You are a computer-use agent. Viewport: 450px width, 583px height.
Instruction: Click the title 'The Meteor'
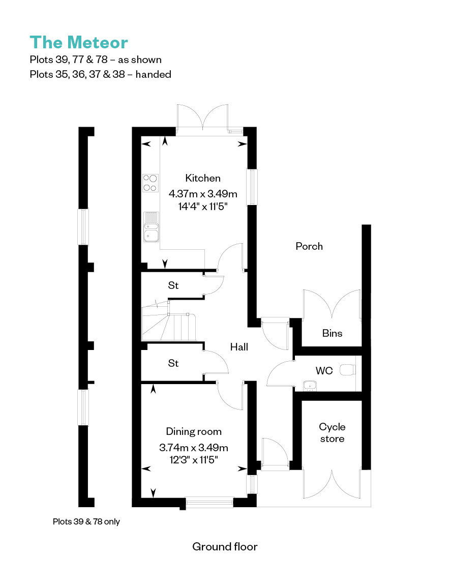pyautogui.click(x=79, y=42)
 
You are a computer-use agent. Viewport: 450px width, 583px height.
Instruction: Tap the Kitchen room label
pyautogui.click(x=203, y=178)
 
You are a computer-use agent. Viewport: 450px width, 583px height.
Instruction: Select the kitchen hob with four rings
pyautogui.click(x=151, y=183)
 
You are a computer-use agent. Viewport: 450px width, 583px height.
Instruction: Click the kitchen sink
pyautogui.click(x=151, y=227)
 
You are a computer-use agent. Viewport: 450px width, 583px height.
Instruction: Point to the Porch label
pyautogui.click(x=309, y=246)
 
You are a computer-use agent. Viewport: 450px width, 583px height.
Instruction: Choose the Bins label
pyautogui.click(x=332, y=333)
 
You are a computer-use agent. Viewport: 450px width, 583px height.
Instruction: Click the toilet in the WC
pyautogui.click(x=348, y=369)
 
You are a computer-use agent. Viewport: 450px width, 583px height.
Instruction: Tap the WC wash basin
pyautogui.click(x=310, y=386)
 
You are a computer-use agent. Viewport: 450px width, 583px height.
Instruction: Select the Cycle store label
pyautogui.click(x=332, y=433)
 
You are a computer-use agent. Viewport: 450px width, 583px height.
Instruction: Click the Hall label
pyautogui.click(x=239, y=347)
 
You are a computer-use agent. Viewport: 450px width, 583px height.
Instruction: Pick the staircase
pyautogui.click(x=169, y=320)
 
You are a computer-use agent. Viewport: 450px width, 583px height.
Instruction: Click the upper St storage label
pyautogui.click(x=173, y=285)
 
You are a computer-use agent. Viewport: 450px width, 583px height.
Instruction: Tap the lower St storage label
pyautogui.click(x=173, y=363)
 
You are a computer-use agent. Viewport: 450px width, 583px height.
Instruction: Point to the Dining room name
pyautogui.click(x=194, y=431)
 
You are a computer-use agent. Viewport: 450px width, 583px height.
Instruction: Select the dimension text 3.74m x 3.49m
pyautogui.click(x=194, y=447)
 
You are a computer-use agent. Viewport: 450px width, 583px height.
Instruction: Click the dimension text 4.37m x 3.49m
pyautogui.click(x=203, y=194)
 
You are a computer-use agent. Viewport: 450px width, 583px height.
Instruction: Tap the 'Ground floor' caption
pyautogui.click(x=225, y=546)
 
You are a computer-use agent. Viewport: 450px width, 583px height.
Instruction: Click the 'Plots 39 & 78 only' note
pyautogui.click(x=86, y=521)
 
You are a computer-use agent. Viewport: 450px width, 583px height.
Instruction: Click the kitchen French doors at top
pyautogui.click(x=202, y=118)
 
